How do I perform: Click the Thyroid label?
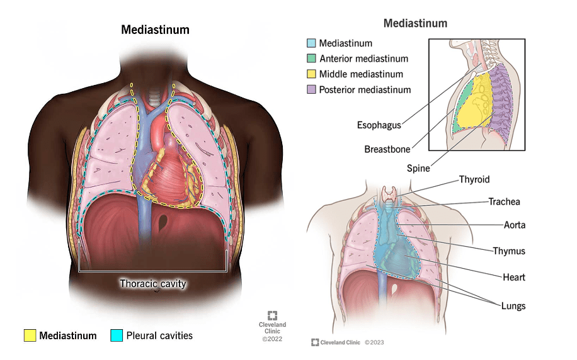(474, 179)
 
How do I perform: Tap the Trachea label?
(504, 202)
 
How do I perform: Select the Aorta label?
(514, 225)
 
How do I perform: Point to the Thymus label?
(509, 251)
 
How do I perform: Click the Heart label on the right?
(514, 277)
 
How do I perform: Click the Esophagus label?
(378, 125)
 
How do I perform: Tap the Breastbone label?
(387, 149)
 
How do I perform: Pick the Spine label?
(418, 169)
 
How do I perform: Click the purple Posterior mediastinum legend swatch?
(310, 89)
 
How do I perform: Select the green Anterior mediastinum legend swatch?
(310, 59)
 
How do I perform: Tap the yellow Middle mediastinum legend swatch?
(310, 74)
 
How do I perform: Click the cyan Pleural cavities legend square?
(116, 335)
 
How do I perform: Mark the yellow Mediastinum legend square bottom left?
(30, 335)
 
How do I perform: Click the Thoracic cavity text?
(153, 284)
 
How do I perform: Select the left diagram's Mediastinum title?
(154, 30)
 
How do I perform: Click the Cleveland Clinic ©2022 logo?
(272, 327)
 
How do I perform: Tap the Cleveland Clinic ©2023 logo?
(346, 342)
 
